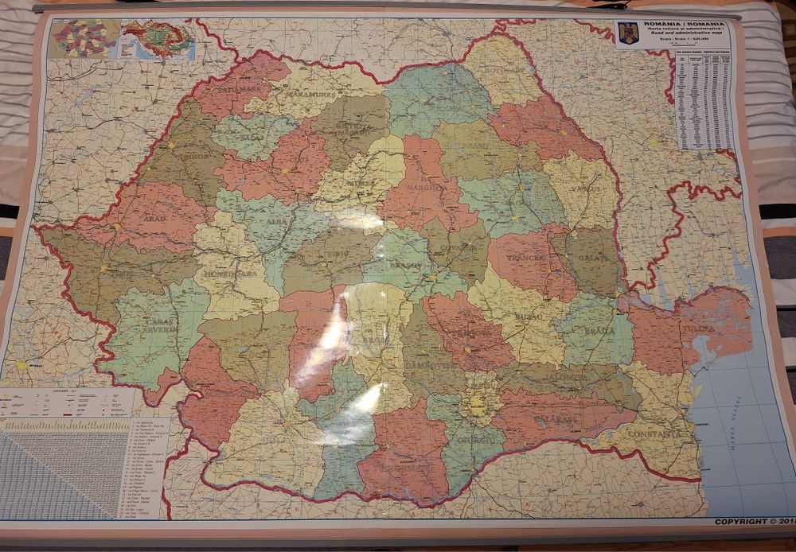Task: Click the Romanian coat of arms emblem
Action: point(627,33)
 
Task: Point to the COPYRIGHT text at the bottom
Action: point(751,522)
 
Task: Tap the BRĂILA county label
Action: point(598,329)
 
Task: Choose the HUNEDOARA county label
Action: point(231,273)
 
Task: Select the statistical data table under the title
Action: point(704,99)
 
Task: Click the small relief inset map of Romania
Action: point(158,37)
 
